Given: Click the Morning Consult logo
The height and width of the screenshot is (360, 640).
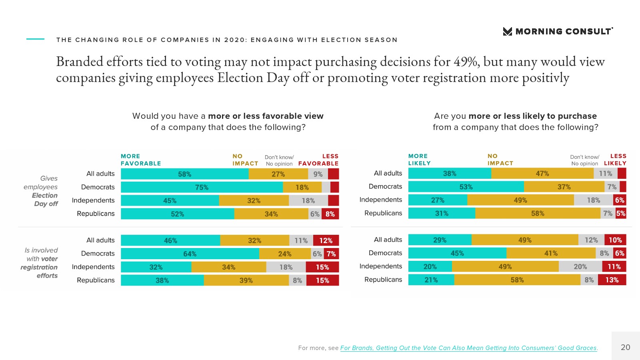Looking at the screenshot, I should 558,31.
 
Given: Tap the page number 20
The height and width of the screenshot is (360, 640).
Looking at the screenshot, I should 625,347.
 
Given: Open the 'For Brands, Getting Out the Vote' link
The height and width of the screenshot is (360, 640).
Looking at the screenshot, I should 468,348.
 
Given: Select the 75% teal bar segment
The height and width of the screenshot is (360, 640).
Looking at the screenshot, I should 202,187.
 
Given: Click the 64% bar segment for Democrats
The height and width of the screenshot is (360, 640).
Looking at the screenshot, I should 190,254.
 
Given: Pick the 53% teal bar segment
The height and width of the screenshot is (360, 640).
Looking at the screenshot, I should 466,187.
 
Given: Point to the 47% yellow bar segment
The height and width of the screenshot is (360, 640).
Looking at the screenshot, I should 542,174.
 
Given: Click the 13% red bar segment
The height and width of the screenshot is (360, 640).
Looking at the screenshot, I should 612,280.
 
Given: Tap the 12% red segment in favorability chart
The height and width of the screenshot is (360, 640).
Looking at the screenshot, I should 326,240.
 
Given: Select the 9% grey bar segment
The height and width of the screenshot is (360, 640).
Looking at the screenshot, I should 318,174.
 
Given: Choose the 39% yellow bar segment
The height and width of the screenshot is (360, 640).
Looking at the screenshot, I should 246,280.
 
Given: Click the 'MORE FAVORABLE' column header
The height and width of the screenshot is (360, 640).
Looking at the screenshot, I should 141,160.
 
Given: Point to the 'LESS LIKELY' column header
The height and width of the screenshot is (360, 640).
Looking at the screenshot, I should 615,160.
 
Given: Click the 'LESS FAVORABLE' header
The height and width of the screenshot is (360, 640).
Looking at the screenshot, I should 318,160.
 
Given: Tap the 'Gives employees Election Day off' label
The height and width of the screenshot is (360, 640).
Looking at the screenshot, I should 42,191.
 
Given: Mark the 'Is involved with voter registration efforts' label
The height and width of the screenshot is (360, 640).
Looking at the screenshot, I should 40,263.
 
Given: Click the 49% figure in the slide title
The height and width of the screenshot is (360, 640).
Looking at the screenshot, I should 466,62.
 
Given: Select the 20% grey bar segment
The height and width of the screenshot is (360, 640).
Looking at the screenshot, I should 580,267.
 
